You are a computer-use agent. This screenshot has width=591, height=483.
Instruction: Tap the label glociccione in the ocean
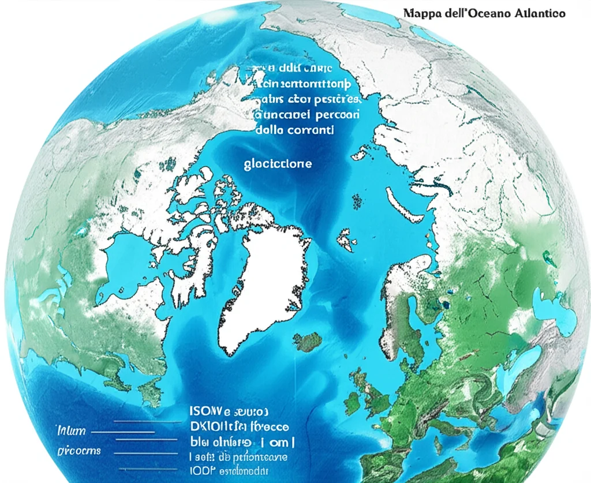(x=278, y=163)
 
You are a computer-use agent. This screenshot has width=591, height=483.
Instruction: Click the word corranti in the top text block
(x=311, y=130)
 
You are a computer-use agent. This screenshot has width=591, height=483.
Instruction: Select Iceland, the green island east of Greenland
(x=309, y=341)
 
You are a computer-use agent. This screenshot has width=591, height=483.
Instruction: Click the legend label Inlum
(x=71, y=431)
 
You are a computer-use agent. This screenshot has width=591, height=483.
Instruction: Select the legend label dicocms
(x=78, y=450)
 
